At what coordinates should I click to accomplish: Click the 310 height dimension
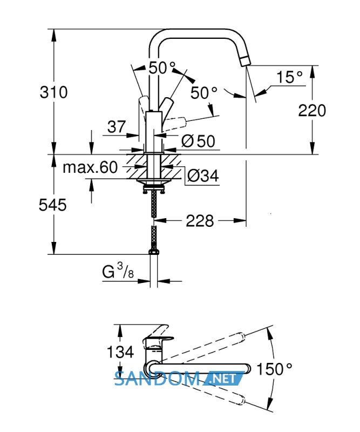click(x=54, y=92)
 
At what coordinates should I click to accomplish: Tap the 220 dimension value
click(x=312, y=111)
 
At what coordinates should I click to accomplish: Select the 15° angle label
click(x=289, y=77)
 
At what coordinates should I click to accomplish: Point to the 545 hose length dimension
click(x=52, y=205)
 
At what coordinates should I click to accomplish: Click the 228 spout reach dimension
click(x=200, y=221)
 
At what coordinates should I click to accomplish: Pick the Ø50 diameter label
click(x=198, y=141)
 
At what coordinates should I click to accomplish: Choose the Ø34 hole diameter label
click(x=203, y=175)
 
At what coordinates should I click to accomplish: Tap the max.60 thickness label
click(x=90, y=167)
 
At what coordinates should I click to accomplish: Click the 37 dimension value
click(x=117, y=127)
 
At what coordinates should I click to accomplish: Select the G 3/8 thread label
click(x=118, y=271)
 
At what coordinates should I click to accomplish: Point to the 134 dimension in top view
click(x=120, y=352)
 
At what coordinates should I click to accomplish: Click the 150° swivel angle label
click(x=274, y=369)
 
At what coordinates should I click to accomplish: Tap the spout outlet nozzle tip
click(x=244, y=61)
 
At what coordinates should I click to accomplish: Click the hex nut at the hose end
click(x=154, y=252)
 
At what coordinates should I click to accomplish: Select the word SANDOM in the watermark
click(x=157, y=379)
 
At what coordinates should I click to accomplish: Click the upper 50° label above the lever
click(x=162, y=68)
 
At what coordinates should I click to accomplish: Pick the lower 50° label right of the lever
click(x=204, y=92)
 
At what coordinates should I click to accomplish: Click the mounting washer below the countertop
click(x=154, y=183)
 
